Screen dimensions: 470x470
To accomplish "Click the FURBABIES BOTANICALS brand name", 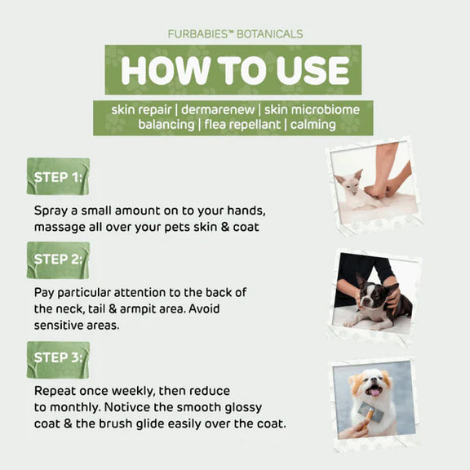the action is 235,33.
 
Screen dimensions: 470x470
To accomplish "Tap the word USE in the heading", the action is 313,70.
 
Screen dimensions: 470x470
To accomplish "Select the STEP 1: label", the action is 58,177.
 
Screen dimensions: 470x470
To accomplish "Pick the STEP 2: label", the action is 58,259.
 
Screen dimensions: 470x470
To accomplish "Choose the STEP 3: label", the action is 58,357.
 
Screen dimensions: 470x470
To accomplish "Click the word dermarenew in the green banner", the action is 218,109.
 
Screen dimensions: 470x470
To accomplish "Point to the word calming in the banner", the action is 313,125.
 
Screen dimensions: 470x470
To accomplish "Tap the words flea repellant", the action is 242,125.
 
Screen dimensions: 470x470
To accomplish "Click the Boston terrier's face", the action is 372,298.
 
